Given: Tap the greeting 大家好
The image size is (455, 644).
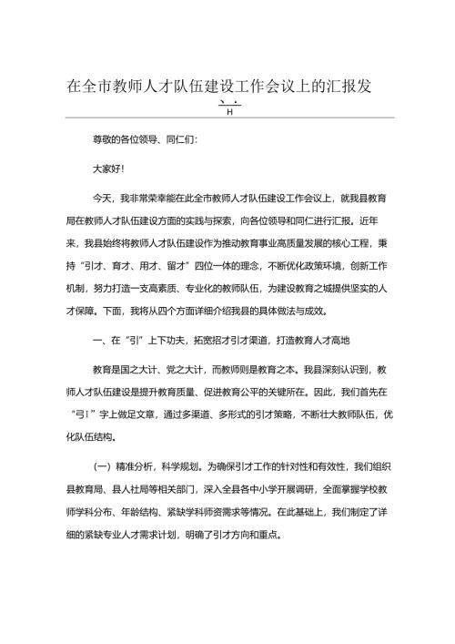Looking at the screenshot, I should point(106,169).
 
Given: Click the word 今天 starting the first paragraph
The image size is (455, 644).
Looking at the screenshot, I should point(101,197).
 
